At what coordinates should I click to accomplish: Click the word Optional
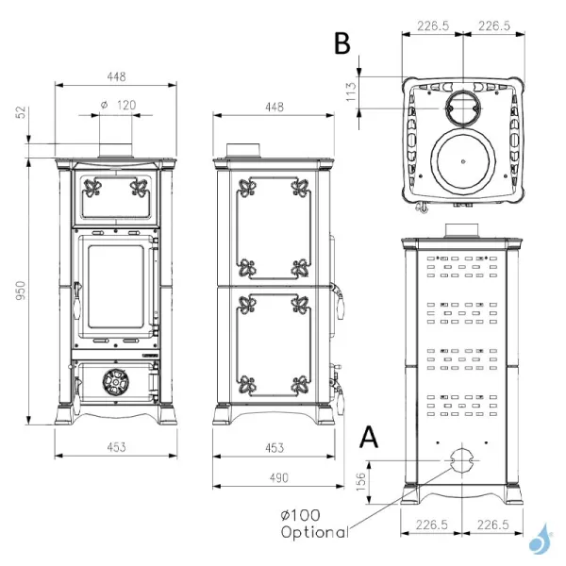coord(314,532)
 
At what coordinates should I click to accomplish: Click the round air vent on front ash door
coord(116,383)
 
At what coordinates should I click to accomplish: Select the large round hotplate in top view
coord(462,160)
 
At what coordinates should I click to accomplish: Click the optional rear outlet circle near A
coord(461,462)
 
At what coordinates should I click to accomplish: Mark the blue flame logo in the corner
coord(541,539)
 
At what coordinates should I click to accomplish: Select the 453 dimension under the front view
coord(116,447)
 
